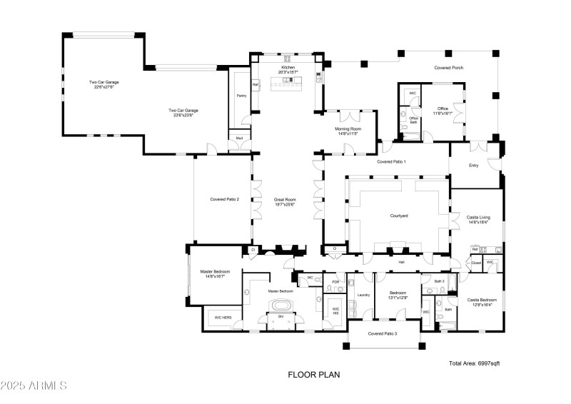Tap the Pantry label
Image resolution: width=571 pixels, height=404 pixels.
[241, 95]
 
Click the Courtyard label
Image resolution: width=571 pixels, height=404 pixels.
[398, 216]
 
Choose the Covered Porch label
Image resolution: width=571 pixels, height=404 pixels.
[450, 68]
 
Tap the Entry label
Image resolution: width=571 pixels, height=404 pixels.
[473, 166]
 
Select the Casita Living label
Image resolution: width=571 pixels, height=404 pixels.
[477, 218]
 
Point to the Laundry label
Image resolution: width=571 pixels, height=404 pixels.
[363, 294]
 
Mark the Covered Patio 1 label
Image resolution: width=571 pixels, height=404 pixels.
[391, 162]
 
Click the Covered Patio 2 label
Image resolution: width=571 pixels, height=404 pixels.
[224, 199]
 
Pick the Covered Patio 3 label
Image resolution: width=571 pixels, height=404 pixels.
[383, 333]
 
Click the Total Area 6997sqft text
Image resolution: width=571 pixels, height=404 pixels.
[474, 363]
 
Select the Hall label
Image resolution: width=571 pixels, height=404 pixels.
[401, 263]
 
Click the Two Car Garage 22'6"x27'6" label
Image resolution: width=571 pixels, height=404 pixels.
[103, 84]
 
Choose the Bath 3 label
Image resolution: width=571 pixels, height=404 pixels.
[439, 282]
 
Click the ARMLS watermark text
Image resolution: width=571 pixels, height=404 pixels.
[34, 386]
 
